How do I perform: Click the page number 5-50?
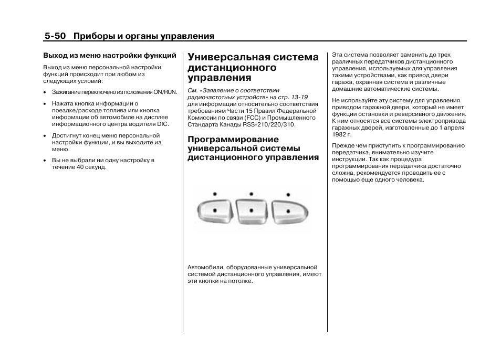click(55, 36)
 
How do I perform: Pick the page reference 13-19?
click(297, 97)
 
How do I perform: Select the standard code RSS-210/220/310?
click(269, 125)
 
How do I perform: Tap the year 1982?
click(339, 134)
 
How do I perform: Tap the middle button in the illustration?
click(252, 211)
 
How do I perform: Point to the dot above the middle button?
click(252, 194)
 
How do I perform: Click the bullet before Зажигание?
click(46, 92)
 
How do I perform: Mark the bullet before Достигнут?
click(46, 135)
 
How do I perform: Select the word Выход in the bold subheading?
click(55, 55)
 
